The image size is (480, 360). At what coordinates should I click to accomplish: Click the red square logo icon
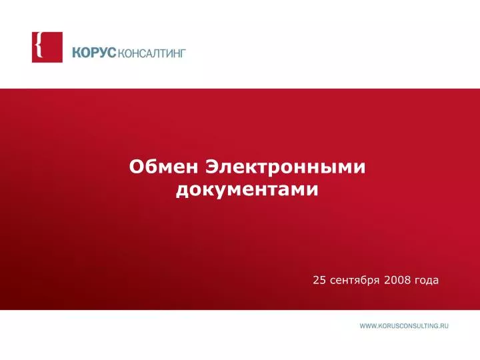click(x=47, y=47)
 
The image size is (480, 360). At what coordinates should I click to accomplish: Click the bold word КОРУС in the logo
click(x=94, y=53)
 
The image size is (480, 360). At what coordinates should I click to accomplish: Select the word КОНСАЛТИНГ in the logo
click(x=151, y=53)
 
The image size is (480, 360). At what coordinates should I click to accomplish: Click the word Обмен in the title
click(x=163, y=167)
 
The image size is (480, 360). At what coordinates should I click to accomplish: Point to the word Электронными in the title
click(x=285, y=167)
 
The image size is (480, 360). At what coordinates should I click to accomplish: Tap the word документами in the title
click(x=247, y=190)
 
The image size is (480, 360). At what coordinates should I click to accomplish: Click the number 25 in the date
click(x=319, y=280)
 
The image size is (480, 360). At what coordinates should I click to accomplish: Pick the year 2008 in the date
click(x=397, y=280)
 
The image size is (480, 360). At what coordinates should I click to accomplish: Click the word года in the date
click(x=427, y=281)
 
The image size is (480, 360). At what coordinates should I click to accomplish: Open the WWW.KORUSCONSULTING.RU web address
click(x=404, y=326)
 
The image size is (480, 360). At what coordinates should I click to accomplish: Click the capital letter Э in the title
click(x=213, y=167)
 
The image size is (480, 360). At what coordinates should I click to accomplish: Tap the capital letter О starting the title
click(x=136, y=167)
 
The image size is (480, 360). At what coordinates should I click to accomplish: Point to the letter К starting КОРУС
click(x=77, y=53)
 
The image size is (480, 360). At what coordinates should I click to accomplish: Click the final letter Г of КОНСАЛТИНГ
click(x=183, y=53)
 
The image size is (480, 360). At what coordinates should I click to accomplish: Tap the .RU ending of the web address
click(x=444, y=326)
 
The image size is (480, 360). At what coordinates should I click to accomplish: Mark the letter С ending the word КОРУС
click(x=112, y=53)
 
